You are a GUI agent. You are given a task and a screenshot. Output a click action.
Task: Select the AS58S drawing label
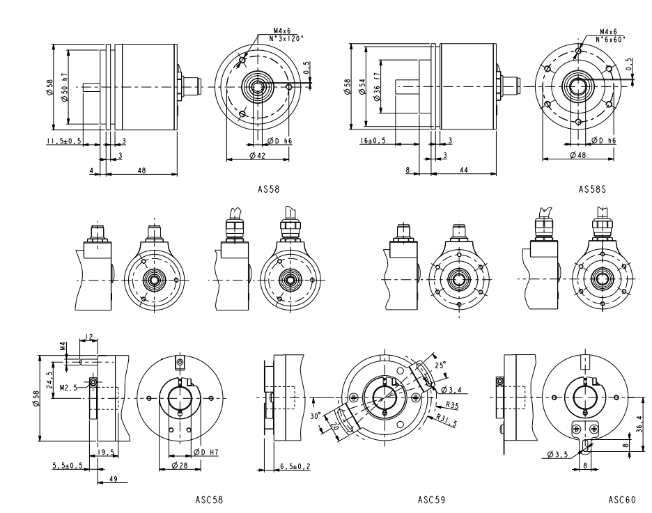pyautogui.click(x=592, y=188)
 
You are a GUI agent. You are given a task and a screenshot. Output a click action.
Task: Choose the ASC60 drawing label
pyautogui.click(x=621, y=500)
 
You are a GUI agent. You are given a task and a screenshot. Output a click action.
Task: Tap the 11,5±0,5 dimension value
pyautogui.click(x=64, y=141)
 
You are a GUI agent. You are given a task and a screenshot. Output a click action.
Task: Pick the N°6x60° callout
pyautogui.click(x=610, y=39)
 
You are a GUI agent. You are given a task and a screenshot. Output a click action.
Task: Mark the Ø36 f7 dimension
pyautogui.click(x=377, y=87)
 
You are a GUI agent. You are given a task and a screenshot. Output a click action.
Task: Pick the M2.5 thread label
pyautogui.click(x=68, y=386)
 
